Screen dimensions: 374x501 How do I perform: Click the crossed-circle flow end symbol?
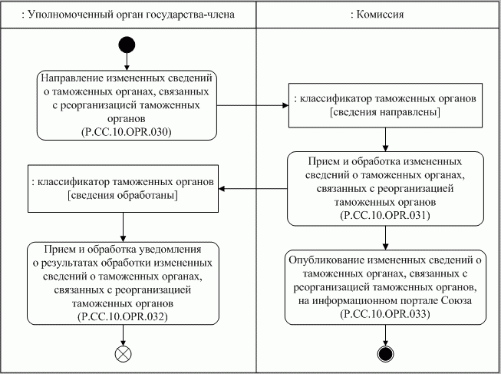click(x=123, y=354)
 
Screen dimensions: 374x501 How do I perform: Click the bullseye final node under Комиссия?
click(x=386, y=353)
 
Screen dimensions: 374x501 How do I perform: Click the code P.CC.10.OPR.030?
click(x=125, y=131)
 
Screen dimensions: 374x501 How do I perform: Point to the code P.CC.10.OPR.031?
click(x=385, y=215)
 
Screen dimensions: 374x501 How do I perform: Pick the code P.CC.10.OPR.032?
click(x=124, y=316)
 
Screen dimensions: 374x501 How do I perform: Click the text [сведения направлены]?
click(x=384, y=112)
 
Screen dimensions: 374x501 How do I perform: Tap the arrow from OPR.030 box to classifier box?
click(x=249, y=105)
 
